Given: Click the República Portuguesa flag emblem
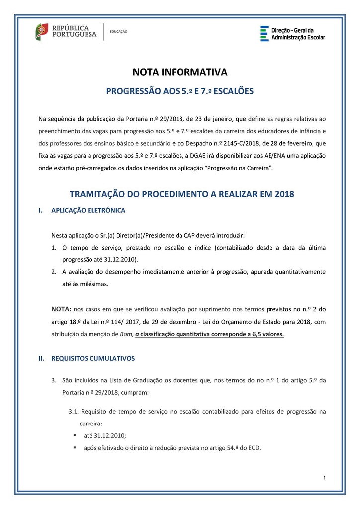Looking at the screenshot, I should (42, 32).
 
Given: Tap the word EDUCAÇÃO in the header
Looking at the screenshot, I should (118, 32).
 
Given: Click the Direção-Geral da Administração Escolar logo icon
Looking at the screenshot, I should (264, 33).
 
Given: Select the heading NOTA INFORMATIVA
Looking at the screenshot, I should (180, 72).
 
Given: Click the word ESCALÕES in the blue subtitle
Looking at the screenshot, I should (232, 91).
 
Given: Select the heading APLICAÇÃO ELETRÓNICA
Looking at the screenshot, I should (88, 211).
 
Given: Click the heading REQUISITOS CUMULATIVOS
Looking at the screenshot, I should (93, 358).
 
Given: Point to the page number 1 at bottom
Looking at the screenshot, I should (324, 478).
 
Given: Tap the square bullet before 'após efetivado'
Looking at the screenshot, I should (74, 447).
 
